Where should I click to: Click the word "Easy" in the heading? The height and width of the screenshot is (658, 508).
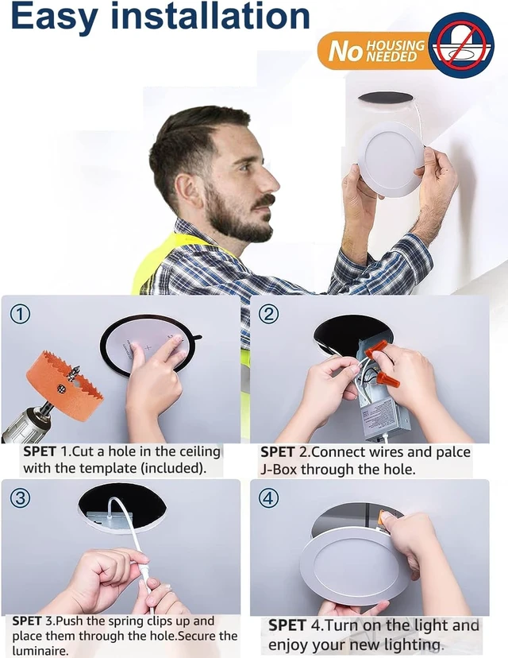point(55,16)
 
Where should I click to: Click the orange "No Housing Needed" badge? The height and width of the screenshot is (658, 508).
point(373,50)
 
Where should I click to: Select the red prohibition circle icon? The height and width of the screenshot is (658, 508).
point(461,45)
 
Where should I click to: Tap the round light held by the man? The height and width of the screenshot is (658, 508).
point(391,160)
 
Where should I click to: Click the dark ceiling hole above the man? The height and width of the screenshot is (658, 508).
point(386,99)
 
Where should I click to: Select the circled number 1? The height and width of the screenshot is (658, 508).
point(20,314)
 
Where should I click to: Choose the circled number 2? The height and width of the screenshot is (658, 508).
point(268,314)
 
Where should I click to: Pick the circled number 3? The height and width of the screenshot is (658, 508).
point(20,498)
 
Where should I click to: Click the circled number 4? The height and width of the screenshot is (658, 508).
point(268,498)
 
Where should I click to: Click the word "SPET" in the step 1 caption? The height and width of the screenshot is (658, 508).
point(40,451)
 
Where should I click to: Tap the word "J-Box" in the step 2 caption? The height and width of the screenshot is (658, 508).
point(279,469)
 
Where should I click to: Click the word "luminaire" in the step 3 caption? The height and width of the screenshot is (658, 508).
point(39,651)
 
